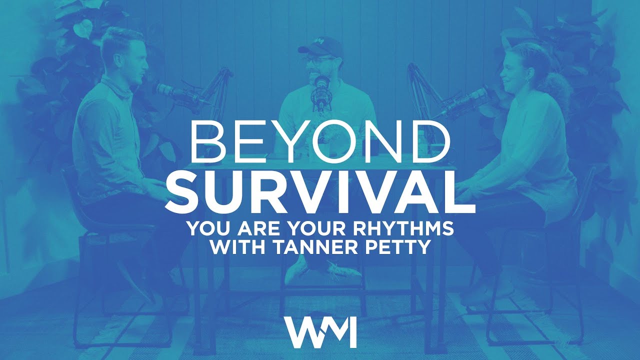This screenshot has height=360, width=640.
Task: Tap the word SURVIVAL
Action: click(320, 190)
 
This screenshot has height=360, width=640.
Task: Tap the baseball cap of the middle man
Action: click(320, 48)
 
